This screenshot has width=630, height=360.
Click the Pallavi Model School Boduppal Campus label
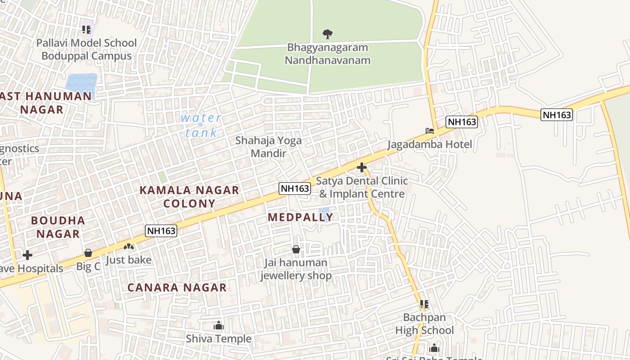point(86,49)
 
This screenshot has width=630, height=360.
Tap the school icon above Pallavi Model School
point(86,30)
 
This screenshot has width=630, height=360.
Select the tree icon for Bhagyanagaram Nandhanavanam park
point(328,34)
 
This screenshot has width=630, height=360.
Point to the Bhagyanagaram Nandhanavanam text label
point(328,54)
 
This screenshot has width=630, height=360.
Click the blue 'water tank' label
point(201,125)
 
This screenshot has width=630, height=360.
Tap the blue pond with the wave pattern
point(81,82)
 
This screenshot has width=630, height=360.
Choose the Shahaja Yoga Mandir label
point(269,147)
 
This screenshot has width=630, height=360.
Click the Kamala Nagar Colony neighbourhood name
point(189,197)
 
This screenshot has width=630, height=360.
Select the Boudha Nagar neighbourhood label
point(58,227)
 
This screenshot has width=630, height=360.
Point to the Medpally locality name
point(300,217)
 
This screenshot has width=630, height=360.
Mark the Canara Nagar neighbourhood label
point(177,288)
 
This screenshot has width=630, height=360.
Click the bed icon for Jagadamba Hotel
point(430,131)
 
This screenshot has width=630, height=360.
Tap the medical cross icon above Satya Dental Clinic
point(361,167)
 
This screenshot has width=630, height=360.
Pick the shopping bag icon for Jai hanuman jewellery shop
point(296,249)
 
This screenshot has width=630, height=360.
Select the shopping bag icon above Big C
point(88,253)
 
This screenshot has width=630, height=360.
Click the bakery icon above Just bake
point(129,247)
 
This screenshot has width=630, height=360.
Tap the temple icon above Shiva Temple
point(219,325)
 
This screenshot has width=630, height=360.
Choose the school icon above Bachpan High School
point(424,304)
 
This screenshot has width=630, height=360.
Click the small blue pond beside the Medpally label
point(324,211)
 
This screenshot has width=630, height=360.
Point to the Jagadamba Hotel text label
point(430,144)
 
